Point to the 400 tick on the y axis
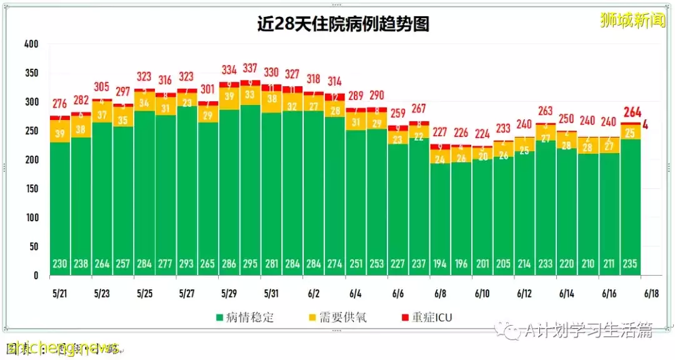pos(31,44)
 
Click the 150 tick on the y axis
pos(31,189)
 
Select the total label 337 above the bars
pos(251,68)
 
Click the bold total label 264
pos(632,112)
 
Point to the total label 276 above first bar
pos(60,104)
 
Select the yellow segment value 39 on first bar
pos(60,134)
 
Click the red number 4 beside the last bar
pos(645,124)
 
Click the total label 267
pos(419,109)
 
